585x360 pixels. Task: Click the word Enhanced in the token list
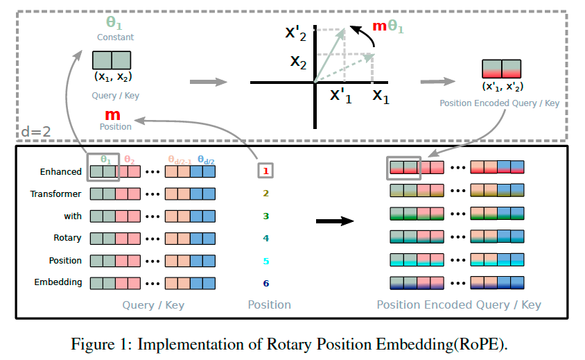coord(61,171)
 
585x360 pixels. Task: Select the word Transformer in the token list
coord(56,194)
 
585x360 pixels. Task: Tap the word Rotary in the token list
coord(69,238)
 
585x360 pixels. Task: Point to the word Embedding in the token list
coord(58,282)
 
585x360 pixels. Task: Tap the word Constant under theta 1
coord(115,37)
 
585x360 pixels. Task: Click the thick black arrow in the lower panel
coord(335,222)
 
